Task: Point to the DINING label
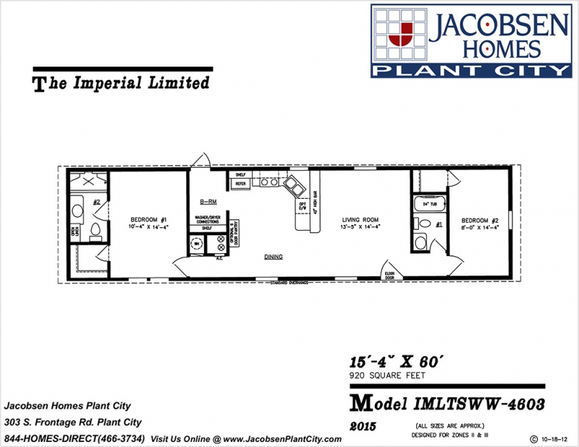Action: [273, 257]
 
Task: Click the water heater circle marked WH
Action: [196, 244]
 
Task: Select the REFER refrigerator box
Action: [240, 184]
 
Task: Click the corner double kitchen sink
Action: [295, 186]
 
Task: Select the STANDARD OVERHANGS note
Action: [289, 281]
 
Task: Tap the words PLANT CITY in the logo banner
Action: [470, 69]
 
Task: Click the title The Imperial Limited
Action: [122, 83]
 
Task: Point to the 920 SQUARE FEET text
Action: [384, 375]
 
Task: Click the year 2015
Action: [362, 427]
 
